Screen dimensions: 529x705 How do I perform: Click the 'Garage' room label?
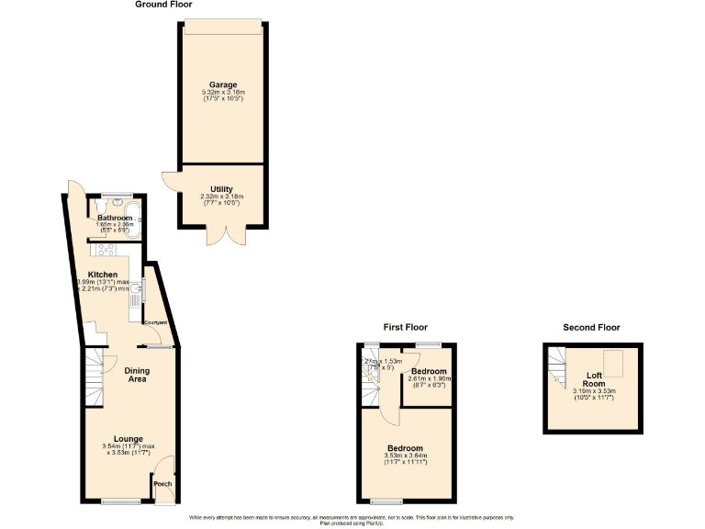pos(222,84)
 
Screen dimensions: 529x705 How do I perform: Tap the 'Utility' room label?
pos(222,188)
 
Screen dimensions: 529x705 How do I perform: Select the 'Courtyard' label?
pos(154,322)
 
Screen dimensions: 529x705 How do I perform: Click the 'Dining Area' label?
pos(137,375)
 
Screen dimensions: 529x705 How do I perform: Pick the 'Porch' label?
pos(162,484)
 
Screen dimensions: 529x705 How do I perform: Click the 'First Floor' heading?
pos(405,327)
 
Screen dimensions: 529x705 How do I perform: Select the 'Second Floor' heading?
pos(592,327)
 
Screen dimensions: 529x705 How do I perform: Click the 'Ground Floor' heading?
pos(163,5)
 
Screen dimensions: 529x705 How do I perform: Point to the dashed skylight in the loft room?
pos(612,360)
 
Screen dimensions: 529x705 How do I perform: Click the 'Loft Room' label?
pos(594,380)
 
